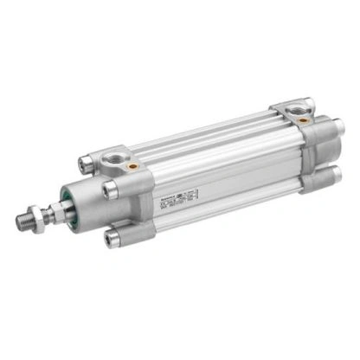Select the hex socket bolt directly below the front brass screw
point(110,188)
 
